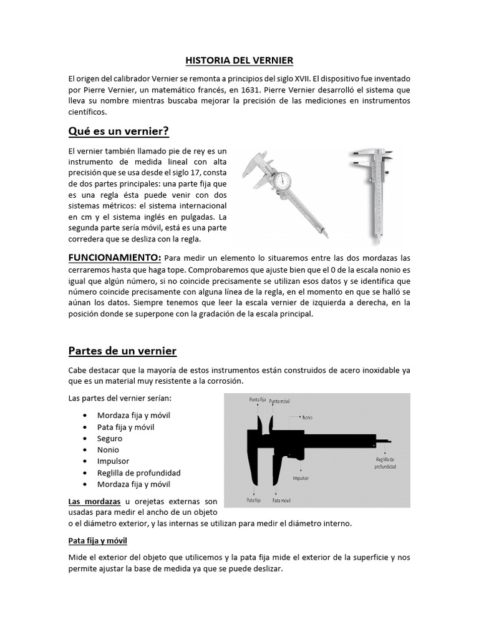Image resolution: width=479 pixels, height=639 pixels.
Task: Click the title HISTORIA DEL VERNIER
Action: [x=239, y=61]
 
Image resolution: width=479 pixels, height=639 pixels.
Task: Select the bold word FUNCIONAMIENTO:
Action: [x=115, y=258]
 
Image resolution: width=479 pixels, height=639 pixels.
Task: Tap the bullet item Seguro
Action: [x=110, y=439]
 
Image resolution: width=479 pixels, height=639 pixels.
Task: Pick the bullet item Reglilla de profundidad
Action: [x=138, y=472]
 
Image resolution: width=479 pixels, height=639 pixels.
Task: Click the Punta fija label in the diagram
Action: [x=258, y=399]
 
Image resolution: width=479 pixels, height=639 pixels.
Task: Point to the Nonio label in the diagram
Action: [x=307, y=417]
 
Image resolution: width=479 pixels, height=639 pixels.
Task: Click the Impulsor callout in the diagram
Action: [x=301, y=478]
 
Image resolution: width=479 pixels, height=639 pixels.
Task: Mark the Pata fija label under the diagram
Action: [x=253, y=500]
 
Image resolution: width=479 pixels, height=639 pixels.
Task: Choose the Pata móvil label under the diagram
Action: [x=283, y=500]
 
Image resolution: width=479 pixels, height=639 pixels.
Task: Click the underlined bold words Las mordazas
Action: [x=94, y=501]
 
